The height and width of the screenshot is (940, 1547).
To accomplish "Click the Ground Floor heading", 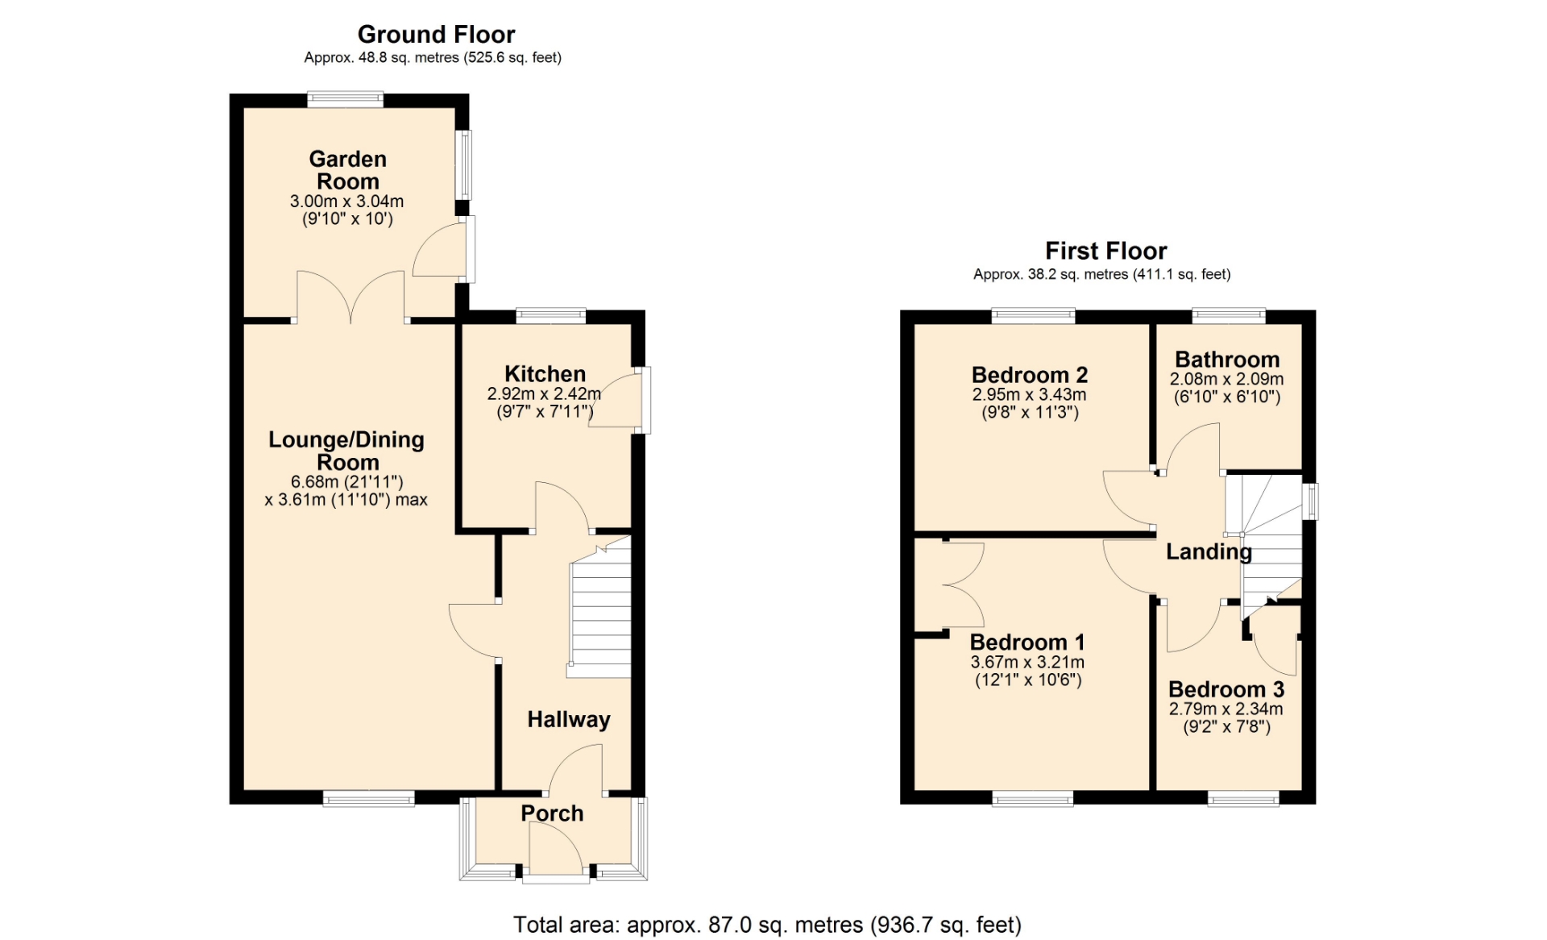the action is (436, 35).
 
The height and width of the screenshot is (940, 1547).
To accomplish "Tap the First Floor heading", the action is (1105, 251).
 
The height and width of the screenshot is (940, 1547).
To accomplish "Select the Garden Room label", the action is (348, 170).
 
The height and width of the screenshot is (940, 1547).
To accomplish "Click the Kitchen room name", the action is (545, 374).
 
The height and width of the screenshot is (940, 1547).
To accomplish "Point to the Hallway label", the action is (569, 720).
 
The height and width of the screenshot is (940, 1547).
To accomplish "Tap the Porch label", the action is (552, 813).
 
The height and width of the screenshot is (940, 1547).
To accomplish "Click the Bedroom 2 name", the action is (1030, 375).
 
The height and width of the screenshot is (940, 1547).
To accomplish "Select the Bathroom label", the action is (1227, 360).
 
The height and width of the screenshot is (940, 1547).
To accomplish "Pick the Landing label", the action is (1209, 551).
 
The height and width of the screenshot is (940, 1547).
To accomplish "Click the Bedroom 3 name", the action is (1226, 689).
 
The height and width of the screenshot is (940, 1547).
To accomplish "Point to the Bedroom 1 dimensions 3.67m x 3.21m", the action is (1027, 663).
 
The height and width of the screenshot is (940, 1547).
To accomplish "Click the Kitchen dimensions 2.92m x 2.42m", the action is (544, 394).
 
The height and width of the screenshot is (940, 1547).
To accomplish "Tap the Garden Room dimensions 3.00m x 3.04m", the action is (347, 202).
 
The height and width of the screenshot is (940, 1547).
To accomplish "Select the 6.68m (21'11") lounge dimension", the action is (346, 482).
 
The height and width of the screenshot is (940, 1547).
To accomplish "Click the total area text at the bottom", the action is (767, 925).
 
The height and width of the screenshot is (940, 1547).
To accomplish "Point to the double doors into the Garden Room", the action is (350, 297).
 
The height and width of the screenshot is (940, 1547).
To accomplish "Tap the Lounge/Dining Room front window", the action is (368, 798).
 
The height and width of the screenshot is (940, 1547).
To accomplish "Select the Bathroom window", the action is (1229, 316).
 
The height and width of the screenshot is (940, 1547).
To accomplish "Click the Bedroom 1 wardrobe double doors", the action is (963, 584).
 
